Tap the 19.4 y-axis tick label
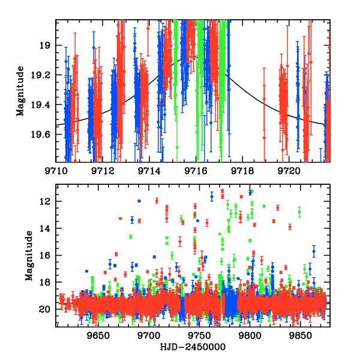44,105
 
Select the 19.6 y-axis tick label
44,134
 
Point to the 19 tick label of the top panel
48,46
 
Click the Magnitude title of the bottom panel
29,256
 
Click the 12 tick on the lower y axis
48,202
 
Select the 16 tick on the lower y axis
48,256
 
